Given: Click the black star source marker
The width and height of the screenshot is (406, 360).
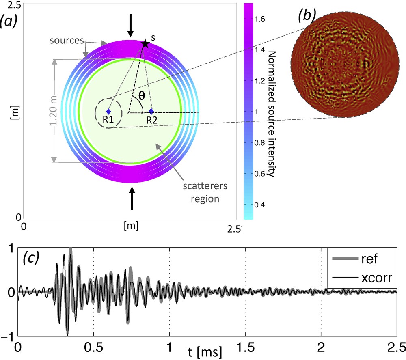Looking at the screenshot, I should [x=145, y=44].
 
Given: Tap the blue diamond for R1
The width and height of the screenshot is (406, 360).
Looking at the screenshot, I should [x=108, y=111].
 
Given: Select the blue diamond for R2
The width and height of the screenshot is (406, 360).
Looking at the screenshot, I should [x=151, y=111].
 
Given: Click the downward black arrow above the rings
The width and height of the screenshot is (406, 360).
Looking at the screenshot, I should [x=130, y=25].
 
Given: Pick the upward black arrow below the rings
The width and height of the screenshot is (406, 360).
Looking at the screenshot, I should [x=132, y=198].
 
